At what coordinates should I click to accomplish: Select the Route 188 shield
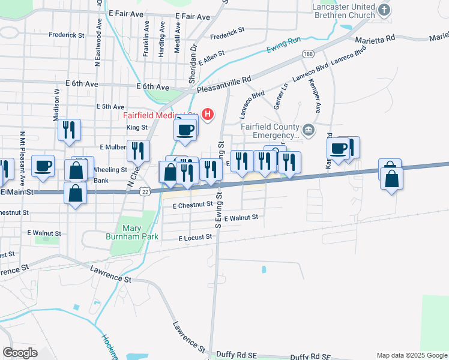coord(308,55)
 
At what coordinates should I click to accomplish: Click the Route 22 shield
coord(145,191)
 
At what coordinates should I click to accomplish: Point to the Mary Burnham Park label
coord(140,232)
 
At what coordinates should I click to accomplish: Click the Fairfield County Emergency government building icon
coord(307,129)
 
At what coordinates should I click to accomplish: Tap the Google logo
coord(20,352)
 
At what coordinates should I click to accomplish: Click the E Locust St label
coord(196,238)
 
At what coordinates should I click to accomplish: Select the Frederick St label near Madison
coord(67,35)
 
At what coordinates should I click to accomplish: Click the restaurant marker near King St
coord(69,130)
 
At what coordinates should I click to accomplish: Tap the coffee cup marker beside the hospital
coord(185,129)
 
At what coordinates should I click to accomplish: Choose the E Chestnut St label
coord(192,205)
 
